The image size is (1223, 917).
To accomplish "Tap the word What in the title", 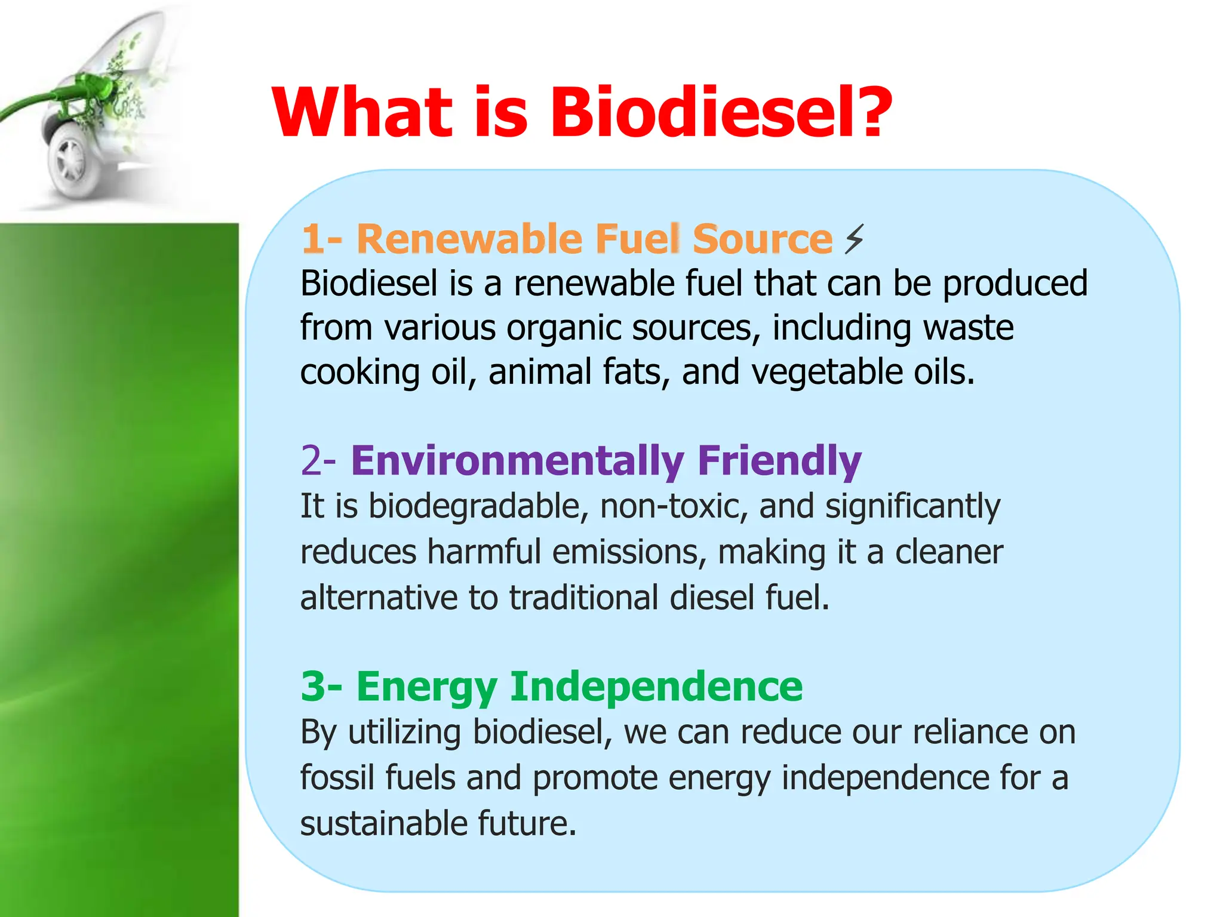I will click(362, 112).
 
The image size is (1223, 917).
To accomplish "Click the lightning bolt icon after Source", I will click(854, 239).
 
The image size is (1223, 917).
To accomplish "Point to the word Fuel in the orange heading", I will click(637, 239).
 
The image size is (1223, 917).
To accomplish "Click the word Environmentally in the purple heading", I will click(517, 461).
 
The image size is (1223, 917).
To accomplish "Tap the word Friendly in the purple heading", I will click(779, 461).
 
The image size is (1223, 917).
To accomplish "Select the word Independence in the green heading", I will click(656, 687).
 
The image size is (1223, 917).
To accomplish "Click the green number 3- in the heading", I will click(321, 687).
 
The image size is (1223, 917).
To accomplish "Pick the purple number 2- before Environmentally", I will click(318, 461).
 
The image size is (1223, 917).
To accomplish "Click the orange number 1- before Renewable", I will click(321, 239).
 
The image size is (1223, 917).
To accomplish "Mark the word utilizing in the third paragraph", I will click(404, 733).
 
